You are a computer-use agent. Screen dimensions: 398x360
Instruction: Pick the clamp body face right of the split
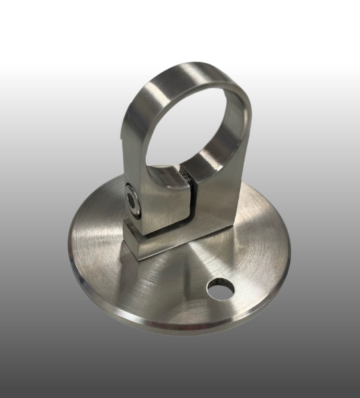tap(212, 199)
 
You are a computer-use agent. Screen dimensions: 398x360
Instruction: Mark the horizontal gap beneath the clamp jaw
tap(166, 235)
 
